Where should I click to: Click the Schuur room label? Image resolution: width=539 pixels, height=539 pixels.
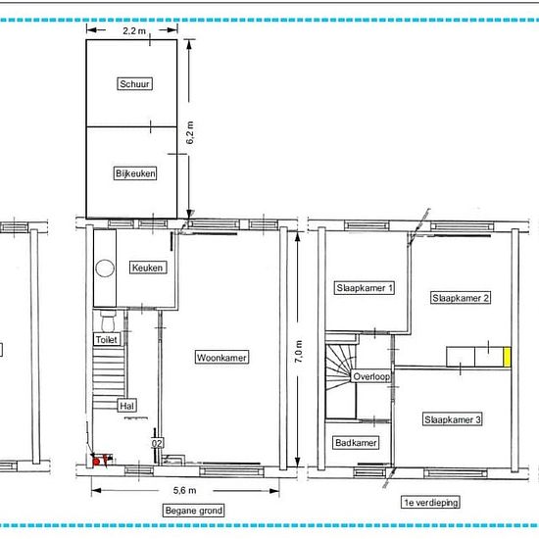[x=135, y=84]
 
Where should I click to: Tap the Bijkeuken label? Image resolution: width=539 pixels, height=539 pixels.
[x=135, y=173]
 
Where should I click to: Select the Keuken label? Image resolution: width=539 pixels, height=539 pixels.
[x=148, y=268]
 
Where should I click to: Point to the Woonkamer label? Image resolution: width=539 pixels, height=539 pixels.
[x=221, y=358]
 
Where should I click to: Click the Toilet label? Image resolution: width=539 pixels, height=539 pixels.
[x=107, y=340]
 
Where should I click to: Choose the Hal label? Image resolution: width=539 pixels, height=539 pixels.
[x=126, y=406]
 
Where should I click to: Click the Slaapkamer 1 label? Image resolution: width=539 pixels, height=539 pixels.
[x=365, y=288]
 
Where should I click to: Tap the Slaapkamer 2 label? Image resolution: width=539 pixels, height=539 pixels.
[x=461, y=298]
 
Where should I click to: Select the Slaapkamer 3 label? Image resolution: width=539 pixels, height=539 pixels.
[x=453, y=419]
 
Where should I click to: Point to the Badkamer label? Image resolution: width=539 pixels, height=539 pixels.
[x=356, y=442]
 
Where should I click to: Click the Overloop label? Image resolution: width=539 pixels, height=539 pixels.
[x=371, y=376]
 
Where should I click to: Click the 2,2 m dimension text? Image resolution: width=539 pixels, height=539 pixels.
[x=134, y=31]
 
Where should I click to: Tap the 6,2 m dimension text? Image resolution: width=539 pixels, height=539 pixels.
[x=190, y=132]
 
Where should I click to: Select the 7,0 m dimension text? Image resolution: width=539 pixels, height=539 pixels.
[x=299, y=351]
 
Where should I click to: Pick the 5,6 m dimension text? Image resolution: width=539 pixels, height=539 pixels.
[x=184, y=491]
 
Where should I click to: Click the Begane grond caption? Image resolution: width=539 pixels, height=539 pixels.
[x=193, y=511]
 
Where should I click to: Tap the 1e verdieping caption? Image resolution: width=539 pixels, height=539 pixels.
[x=431, y=502]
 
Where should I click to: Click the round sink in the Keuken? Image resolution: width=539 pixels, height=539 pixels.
[x=105, y=269]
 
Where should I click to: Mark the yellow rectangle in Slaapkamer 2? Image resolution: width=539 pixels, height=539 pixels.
[x=507, y=357]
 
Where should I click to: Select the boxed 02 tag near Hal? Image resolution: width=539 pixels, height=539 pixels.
[x=157, y=443]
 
